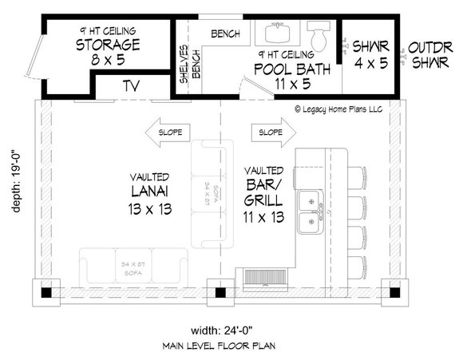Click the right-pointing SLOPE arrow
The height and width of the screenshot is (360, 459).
pos(271,131)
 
